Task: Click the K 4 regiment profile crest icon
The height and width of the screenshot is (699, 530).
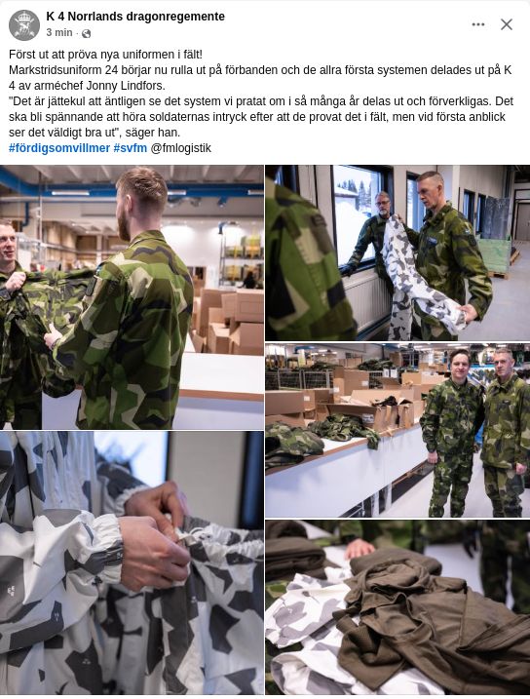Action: point(24,25)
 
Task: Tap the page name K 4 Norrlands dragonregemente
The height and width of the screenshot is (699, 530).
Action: point(135,17)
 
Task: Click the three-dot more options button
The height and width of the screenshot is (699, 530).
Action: point(478,24)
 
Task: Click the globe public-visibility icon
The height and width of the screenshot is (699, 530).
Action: point(87,33)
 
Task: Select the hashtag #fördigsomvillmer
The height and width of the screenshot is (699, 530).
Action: point(59,148)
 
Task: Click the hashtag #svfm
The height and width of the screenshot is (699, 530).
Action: point(130,148)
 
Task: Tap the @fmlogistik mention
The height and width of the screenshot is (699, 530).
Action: point(181,148)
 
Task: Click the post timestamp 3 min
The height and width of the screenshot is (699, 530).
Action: point(59,32)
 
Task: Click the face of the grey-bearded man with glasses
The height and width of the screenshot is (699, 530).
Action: point(383,205)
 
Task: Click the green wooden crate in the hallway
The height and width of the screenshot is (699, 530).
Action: point(495,255)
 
